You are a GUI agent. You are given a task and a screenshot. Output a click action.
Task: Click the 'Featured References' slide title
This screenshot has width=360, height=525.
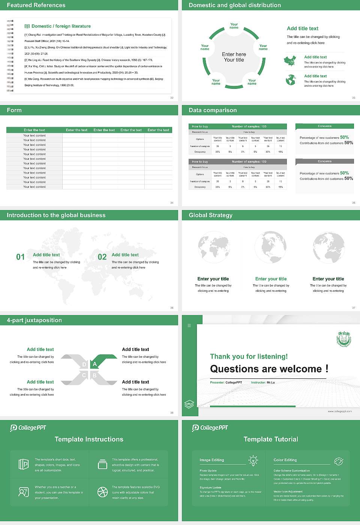click(x=36, y=5)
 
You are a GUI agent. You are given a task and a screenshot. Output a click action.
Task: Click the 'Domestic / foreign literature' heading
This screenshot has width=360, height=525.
click(x=61, y=26)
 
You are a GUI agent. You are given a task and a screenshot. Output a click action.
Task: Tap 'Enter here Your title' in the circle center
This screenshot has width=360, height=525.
click(x=234, y=57)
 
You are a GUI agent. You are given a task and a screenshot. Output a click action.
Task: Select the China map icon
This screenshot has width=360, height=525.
click(x=290, y=60)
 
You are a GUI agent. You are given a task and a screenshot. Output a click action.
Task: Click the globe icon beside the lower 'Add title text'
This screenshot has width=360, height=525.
click(x=291, y=80)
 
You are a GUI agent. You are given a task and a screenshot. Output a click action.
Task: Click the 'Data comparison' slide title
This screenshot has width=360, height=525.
click(x=213, y=110)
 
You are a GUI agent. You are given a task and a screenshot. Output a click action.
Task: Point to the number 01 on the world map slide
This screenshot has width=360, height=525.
click(x=20, y=257)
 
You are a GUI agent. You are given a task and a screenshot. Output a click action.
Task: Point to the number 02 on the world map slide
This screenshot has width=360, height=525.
click(x=102, y=257)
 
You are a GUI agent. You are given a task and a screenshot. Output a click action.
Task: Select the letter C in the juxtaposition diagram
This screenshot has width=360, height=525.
click(x=84, y=375)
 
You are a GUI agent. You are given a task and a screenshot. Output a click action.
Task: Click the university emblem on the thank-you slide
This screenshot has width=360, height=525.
click(x=343, y=339)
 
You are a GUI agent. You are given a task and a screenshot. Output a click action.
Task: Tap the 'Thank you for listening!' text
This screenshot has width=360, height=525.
click(x=249, y=356)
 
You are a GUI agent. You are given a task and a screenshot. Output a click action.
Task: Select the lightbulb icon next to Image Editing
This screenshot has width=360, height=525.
click(x=253, y=460)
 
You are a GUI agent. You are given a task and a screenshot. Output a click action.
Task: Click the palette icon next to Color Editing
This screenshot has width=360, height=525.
click(x=338, y=460)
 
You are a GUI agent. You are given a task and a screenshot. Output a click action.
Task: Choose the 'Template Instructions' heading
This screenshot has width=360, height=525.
click(x=89, y=439)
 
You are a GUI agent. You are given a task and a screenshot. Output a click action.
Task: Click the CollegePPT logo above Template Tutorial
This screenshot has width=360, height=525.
click(x=210, y=428)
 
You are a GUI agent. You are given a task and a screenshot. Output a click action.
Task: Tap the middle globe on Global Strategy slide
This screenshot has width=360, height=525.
click(x=270, y=247)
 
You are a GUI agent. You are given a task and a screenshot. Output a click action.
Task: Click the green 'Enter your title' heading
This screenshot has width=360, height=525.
click(x=271, y=279)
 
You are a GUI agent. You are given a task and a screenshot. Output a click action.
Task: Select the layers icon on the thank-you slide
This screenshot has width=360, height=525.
click(x=189, y=404)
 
